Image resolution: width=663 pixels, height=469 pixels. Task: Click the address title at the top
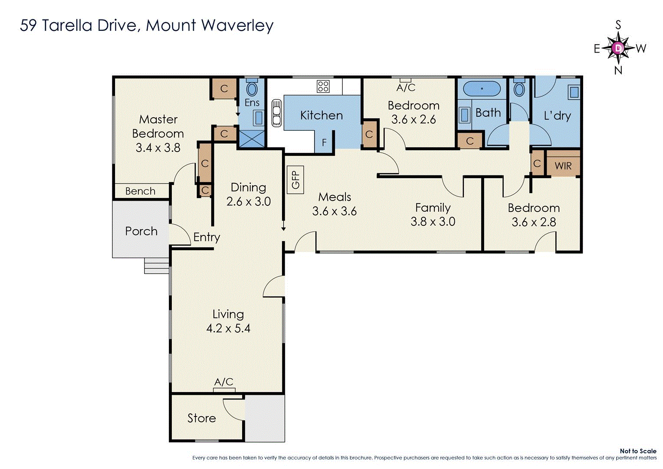point(147,26)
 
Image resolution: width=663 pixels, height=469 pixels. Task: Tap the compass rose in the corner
point(618,48)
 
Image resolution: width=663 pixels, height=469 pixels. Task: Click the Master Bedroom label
point(158,126)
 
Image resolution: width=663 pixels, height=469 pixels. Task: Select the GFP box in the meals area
point(295,179)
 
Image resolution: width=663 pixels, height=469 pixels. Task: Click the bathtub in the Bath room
point(482,89)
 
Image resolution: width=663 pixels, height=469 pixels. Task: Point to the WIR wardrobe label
point(563,166)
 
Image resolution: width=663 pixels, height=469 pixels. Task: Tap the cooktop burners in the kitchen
point(323,86)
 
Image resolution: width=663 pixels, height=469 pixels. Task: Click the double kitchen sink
point(276,113)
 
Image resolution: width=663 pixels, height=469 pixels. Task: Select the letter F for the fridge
point(324,142)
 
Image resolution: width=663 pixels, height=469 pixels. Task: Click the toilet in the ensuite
point(252,89)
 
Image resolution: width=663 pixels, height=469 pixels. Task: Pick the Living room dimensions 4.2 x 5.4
point(228,328)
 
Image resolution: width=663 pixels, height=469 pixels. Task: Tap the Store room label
point(201,418)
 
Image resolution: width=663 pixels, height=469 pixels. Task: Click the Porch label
point(141,231)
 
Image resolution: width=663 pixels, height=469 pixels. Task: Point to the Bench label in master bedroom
point(140,191)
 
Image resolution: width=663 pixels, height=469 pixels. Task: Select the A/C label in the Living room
point(224,382)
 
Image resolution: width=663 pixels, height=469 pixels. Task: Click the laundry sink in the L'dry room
point(574,92)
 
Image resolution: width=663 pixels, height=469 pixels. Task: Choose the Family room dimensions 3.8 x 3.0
point(433,221)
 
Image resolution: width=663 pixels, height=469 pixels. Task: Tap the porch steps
point(156,266)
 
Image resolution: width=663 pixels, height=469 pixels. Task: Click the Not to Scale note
point(638,451)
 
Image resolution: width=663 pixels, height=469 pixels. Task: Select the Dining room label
point(248,187)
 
